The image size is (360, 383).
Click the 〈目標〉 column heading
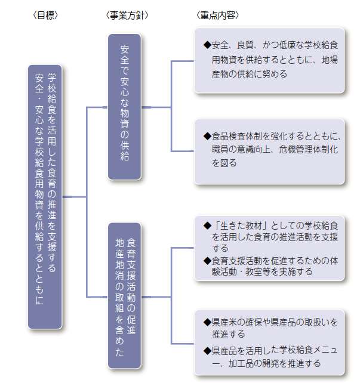click(45, 16)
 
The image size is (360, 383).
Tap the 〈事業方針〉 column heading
click(127, 16)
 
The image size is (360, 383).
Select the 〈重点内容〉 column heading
click(217, 16)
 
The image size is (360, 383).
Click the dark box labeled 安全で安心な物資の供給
click(125, 107)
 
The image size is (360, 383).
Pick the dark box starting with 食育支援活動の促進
click(125, 295)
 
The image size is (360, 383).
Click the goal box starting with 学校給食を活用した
click(45, 197)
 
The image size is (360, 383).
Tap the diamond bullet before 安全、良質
click(207, 45)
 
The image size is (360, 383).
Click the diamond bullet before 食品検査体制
click(207, 136)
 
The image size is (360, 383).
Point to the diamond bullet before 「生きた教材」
click(207, 226)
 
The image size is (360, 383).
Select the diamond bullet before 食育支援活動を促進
click(207, 261)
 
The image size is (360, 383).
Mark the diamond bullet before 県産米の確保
click(207, 322)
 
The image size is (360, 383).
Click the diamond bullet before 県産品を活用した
click(207, 351)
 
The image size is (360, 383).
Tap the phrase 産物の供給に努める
click(250, 74)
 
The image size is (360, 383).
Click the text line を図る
click(224, 163)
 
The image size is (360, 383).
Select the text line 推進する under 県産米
click(229, 334)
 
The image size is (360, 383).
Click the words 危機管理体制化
click(309, 149)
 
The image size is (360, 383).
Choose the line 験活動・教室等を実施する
click(262, 271)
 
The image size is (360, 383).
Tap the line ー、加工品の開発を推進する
click(266, 363)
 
